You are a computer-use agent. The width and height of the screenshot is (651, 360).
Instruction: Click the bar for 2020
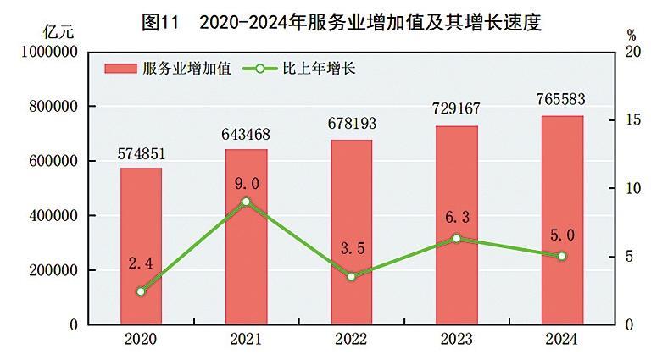pos(141,246)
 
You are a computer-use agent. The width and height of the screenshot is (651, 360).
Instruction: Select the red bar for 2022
pos(351,232)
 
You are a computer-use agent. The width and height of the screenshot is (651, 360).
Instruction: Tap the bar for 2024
pos(562,220)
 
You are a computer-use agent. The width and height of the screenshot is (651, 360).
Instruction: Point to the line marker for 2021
pos(246,202)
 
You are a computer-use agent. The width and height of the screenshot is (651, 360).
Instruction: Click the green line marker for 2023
pos(456,239)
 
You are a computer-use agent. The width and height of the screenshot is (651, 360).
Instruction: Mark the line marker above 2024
pos(562,256)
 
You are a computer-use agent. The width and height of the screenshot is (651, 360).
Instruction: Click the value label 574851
pos(141,155)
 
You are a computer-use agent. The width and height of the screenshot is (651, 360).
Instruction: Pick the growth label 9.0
pos(246,182)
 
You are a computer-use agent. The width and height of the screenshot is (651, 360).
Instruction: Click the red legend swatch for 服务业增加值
pos(121,69)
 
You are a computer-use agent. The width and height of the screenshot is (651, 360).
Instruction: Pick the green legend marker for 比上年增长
pos(260,69)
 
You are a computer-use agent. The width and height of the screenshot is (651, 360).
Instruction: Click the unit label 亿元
pos(58,33)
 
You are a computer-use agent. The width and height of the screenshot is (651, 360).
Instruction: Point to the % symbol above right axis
pos(632,35)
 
